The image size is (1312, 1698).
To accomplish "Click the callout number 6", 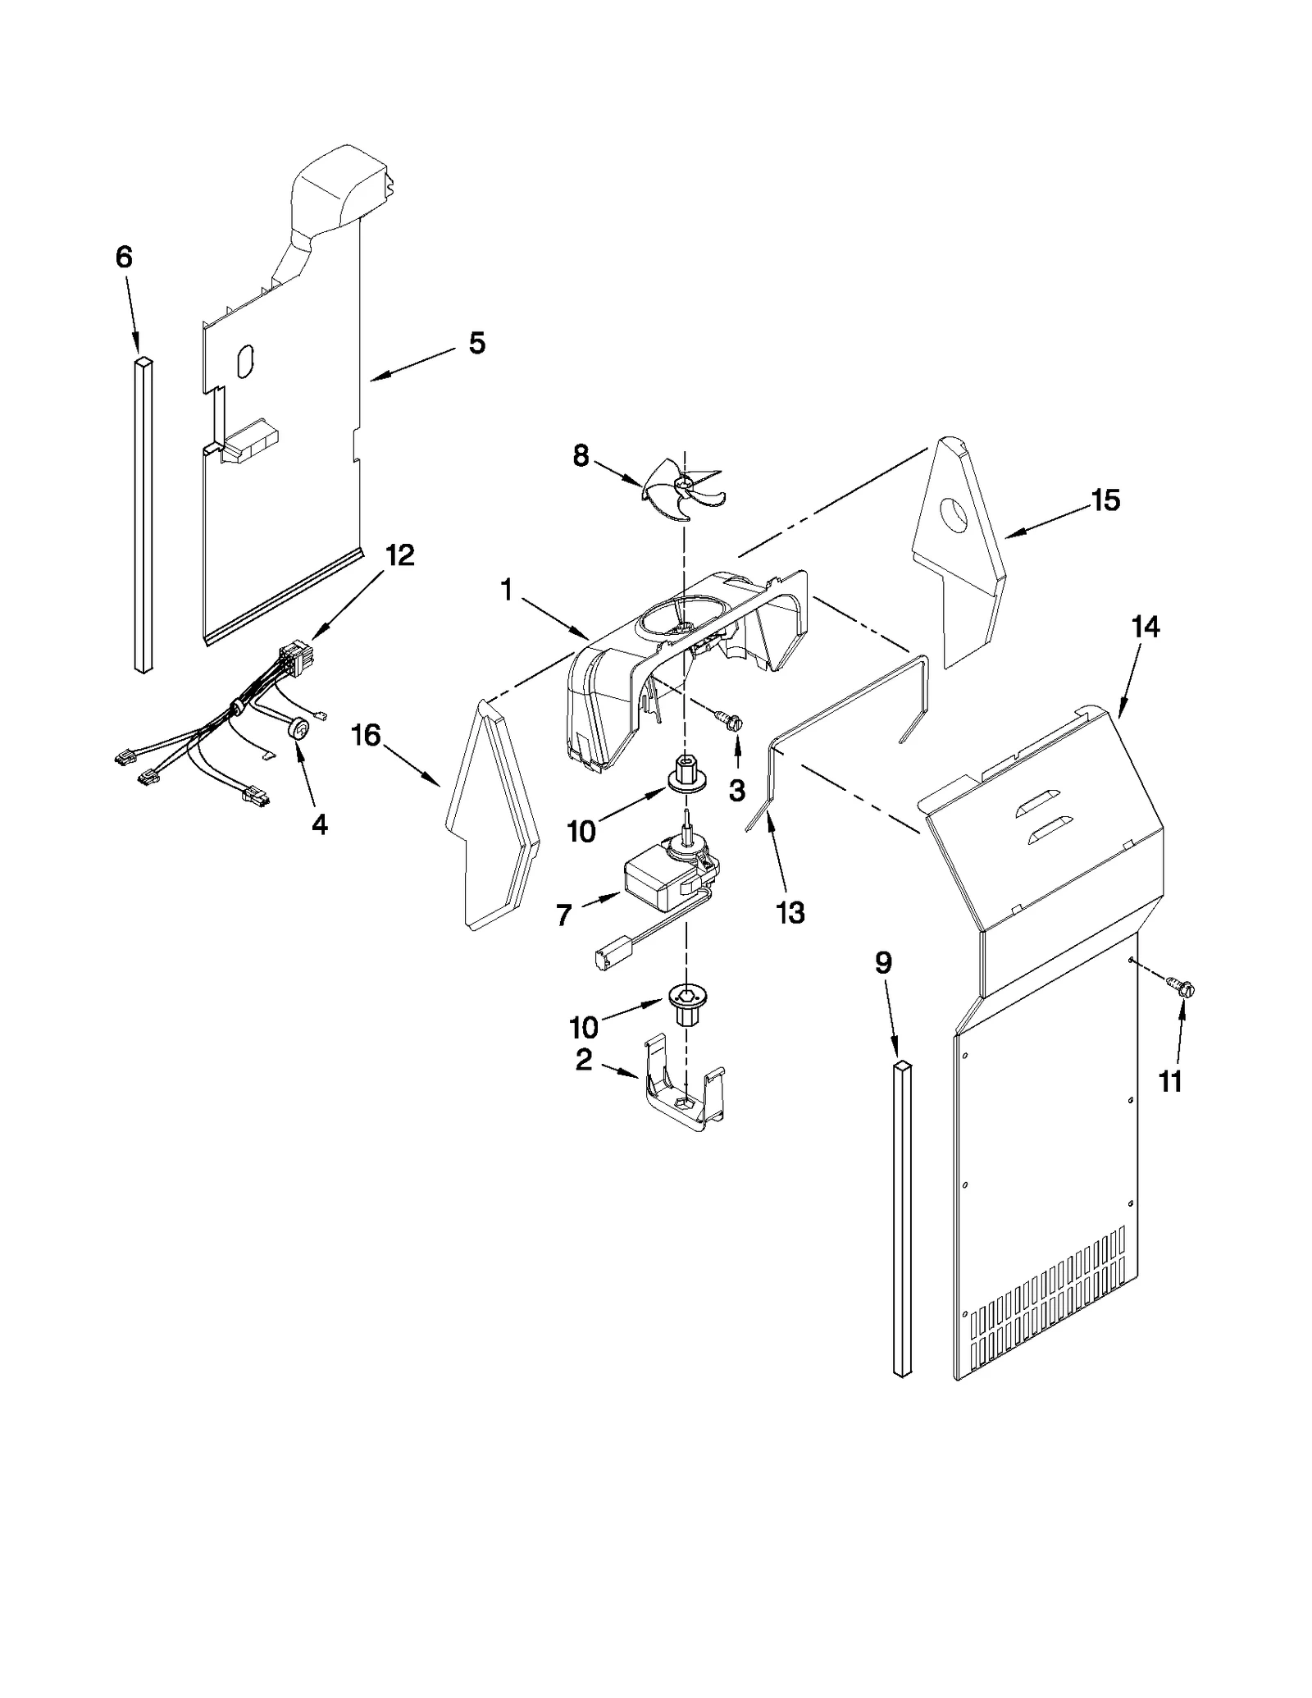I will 123,258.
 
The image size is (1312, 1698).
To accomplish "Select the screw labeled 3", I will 732,721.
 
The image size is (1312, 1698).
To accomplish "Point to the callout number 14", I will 1146,627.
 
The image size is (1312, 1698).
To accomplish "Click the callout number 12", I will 400,555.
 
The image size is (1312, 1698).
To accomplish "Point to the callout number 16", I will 367,735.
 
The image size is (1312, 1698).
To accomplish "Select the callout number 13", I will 790,912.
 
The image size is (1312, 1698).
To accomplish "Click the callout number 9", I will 882,962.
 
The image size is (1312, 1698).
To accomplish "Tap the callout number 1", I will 506,589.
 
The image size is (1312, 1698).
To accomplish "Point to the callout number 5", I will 476,342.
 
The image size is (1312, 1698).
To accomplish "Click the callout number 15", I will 1105,500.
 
